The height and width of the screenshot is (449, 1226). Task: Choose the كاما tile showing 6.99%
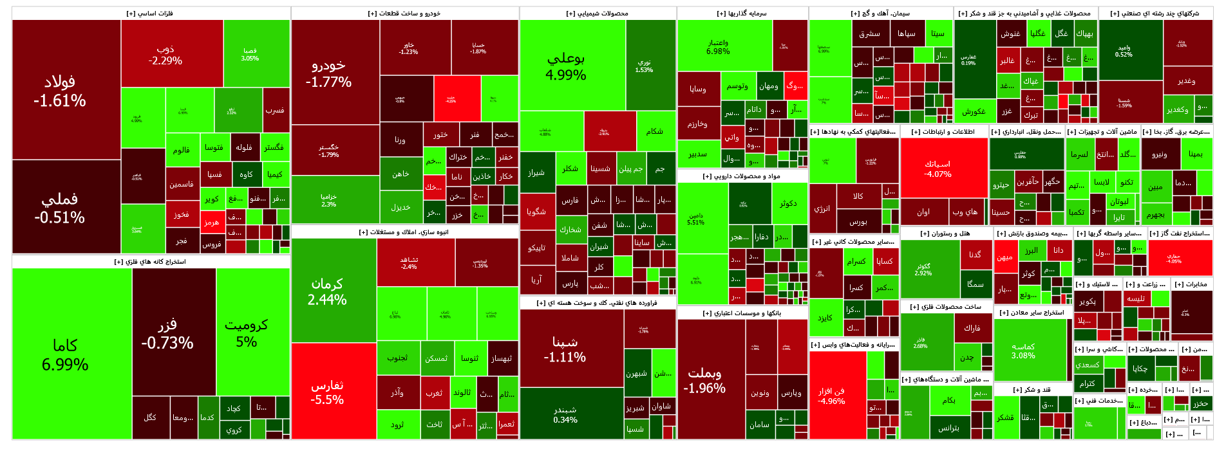[71, 354]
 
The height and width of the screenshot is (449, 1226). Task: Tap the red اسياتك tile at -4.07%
[943, 169]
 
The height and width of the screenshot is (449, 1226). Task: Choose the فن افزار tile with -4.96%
[837, 396]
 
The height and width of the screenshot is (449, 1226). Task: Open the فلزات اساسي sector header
[151, 14]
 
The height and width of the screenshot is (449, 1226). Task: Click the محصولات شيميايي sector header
[598, 14]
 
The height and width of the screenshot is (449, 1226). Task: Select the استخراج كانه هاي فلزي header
[151, 262]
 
